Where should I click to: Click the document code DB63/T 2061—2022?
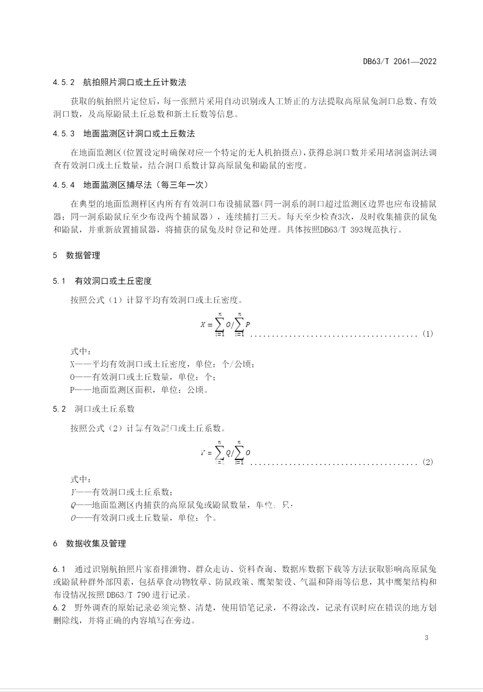tap(400, 62)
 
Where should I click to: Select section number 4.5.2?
tap(63, 82)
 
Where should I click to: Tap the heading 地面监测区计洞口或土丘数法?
tap(139, 134)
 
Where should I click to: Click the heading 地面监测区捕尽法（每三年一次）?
tap(145, 185)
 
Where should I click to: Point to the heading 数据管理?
tap(83, 255)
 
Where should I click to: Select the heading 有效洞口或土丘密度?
tap(113, 281)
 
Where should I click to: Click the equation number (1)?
tap(428, 334)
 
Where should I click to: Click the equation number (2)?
tap(428, 462)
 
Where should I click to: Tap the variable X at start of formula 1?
tap(203, 325)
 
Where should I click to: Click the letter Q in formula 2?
tap(228, 453)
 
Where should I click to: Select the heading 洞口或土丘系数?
tap(105, 409)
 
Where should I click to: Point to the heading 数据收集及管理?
tap(96, 544)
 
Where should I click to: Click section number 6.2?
tap(59, 607)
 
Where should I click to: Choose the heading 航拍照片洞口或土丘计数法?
tap(134, 82)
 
